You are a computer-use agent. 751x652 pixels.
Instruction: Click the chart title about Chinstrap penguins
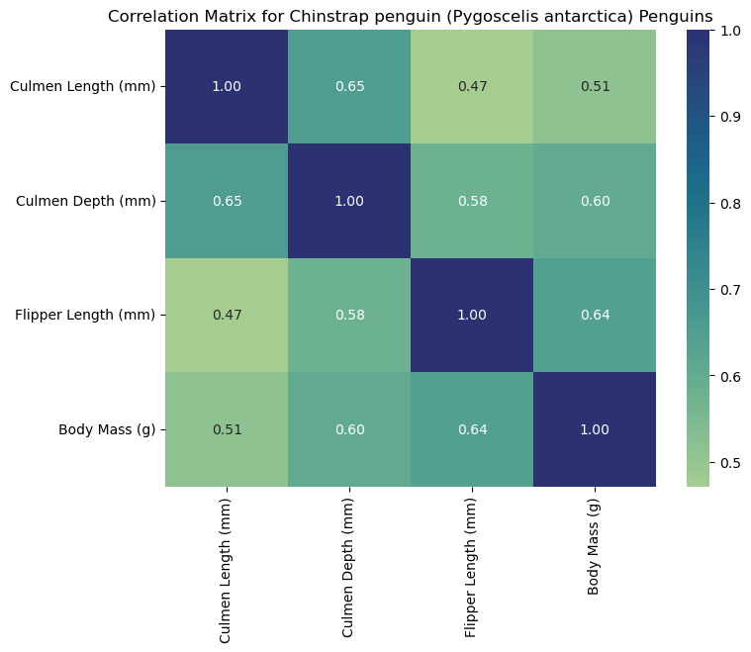(x=410, y=16)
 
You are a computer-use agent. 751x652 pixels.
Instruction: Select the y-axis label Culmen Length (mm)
(x=82, y=86)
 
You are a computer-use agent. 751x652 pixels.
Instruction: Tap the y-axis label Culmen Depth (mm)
(x=86, y=201)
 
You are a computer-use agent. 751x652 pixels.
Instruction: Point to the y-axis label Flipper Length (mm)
(x=85, y=315)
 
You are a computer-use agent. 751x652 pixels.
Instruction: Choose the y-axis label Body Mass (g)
(x=107, y=429)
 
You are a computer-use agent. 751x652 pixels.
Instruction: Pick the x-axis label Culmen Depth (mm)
(x=349, y=564)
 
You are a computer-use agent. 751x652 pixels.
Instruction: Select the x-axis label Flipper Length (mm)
(x=472, y=565)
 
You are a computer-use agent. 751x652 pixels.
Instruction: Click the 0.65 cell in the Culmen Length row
(x=349, y=86)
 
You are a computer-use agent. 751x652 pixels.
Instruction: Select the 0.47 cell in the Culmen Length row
(x=472, y=86)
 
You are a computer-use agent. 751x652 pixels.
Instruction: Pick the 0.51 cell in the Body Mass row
(x=227, y=429)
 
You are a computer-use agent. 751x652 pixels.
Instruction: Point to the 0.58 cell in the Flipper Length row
(x=349, y=315)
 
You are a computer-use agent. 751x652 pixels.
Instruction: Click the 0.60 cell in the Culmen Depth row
(x=595, y=201)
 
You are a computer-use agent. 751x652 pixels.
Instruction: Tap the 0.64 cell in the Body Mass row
(x=472, y=429)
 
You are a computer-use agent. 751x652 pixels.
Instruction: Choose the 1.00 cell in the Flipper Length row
(x=472, y=315)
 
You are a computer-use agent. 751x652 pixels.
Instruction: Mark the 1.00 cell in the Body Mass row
(x=595, y=429)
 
